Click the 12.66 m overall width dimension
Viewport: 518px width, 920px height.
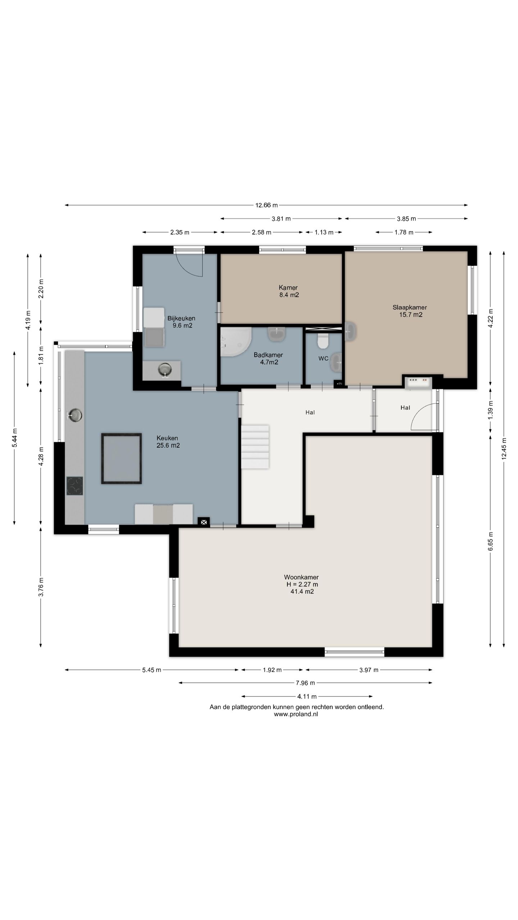pyautogui.click(x=267, y=205)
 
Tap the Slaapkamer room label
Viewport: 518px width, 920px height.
pyautogui.click(x=409, y=307)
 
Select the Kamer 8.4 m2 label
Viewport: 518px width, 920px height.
pyautogui.click(x=288, y=291)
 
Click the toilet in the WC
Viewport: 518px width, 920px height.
pyautogui.click(x=323, y=341)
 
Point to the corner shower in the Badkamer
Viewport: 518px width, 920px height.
pyautogui.click(x=234, y=341)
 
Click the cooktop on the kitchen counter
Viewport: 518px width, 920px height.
pyautogui.click(x=74, y=486)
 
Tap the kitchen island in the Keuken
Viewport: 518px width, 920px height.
pyautogui.click(x=121, y=458)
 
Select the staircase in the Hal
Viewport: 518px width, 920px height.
pyautogui.click(x=255, y=446)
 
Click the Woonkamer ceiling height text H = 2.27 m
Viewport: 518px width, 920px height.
pyautogui.click(x=302, y=584)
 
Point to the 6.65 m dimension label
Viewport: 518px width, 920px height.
pyautogui.click(x=491, y=541)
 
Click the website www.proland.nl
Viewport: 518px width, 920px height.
pyautogui.click(x=296, y=714)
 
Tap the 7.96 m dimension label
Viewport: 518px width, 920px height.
pyautogui.click(x=306, y=682)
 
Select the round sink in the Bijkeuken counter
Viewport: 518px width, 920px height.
pyautogui.click(x=165, y=369)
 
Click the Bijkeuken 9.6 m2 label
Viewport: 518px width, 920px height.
pyautogui.click(x=182, y=322)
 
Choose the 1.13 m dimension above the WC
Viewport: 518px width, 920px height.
pyautogui.click(x=324, y=232)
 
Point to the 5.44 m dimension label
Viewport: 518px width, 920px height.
pyautogui.click(x=14, y=438)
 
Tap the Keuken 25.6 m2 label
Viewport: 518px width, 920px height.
pyautogui.click(x=168, y=442)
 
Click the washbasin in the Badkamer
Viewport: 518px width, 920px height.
pyautogui.click(x=277, y=334)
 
